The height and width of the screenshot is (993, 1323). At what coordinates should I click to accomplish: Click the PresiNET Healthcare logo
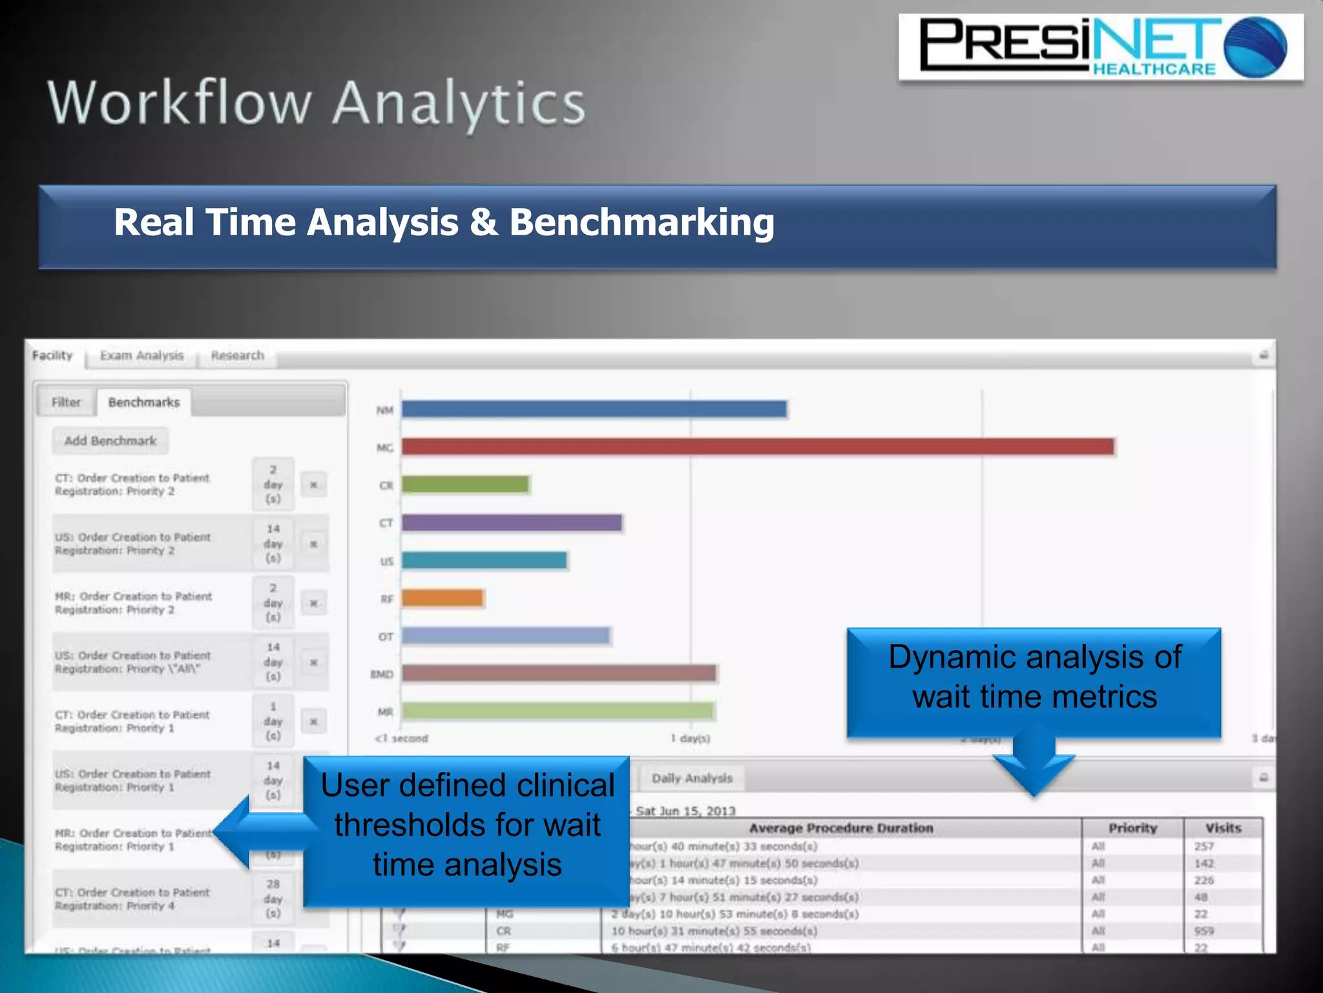[x=1100, y=48]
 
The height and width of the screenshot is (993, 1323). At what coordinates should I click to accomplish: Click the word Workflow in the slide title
[x=180, y=103]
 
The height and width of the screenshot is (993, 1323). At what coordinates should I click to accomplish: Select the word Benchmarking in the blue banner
[x=641, y=222]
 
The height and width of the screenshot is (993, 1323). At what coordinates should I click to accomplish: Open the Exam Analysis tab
[x=141, y=356]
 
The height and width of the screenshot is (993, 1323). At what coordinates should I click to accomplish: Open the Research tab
[x=237, y=356]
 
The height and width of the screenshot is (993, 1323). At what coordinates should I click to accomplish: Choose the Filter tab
[x=66, y=402]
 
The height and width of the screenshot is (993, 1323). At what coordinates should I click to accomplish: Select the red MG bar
[x=757, y=447]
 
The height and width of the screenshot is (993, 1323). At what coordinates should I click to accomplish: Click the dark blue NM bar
[x=594, y=409]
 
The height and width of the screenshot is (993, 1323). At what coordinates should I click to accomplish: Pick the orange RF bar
[x=442, y=598]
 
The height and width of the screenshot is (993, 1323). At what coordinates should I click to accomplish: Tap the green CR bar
[x=465, y=484]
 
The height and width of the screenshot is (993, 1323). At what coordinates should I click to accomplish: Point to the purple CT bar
[x=512, y=522]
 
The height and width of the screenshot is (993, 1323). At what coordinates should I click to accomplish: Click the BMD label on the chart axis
[x=381, y=674]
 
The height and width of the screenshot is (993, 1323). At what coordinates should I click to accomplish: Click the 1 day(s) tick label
[x=690, y=738]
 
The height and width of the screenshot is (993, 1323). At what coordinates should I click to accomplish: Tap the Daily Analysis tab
[x=692, y=778]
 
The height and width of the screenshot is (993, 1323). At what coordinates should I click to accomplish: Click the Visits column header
[x=1223, y=828]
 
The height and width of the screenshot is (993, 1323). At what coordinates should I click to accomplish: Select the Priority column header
[x=1132, y=828]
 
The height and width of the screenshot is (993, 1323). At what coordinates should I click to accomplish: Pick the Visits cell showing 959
[x=1203, y=931]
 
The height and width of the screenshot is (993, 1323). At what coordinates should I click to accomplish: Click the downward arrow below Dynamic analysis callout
[x=1034, y=766]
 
